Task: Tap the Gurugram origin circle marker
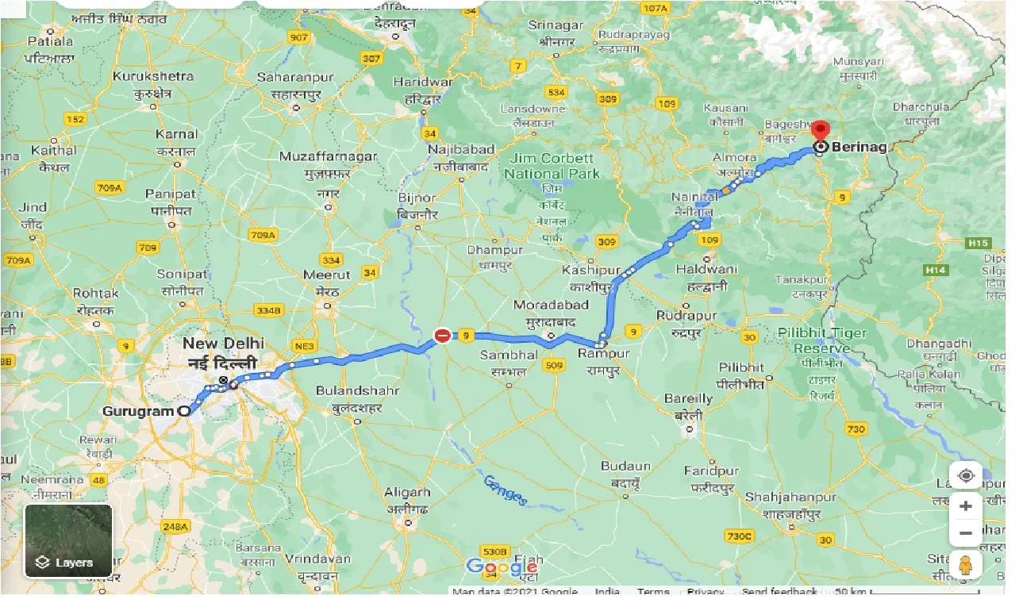(184, 411)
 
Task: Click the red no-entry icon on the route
(442, 336)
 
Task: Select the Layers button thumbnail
(68, 540)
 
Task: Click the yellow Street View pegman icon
(966, 566)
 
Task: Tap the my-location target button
(966, 476)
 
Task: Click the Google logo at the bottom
(502, 567)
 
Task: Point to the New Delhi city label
(223, 344)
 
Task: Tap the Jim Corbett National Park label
(552, 166)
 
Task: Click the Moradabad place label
(551, 305)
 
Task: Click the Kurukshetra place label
(153, 76)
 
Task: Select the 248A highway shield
(175, 526)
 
